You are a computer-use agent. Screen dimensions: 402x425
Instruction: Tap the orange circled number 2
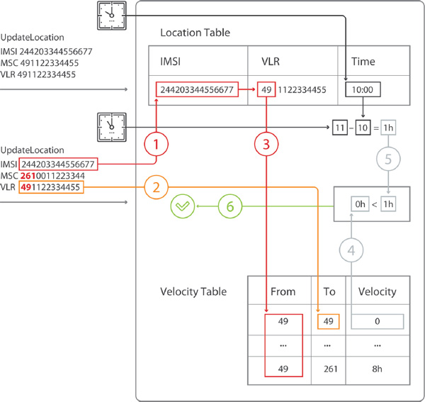(x=157, y=188)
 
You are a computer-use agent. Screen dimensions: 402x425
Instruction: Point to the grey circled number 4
(x=352, y=250)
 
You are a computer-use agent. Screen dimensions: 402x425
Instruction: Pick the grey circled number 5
(x=388, y=160)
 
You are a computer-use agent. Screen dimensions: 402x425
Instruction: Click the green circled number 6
(x=229, y=206)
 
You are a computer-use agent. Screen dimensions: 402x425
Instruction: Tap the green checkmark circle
(x=183, y=206)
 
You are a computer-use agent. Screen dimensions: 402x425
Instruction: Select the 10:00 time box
(x=363, y=90)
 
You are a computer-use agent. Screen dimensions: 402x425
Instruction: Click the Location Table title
(x=195, y=33)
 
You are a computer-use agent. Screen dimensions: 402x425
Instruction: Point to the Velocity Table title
(x=193, y=291)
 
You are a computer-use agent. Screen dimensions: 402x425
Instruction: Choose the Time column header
(x=363, y=62)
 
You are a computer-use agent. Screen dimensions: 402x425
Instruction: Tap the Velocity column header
(x=378, y=291)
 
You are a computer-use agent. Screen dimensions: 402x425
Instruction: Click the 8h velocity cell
(x=378, y=369)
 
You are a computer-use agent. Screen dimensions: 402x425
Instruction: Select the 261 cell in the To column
(x=328, y=369)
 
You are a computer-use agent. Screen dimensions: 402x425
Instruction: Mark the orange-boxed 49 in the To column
(x=328, y=321)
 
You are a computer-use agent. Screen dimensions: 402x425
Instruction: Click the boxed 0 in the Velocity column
(x=378, y=321)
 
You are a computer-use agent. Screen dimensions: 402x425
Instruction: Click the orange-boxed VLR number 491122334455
(x=50, y=187)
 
